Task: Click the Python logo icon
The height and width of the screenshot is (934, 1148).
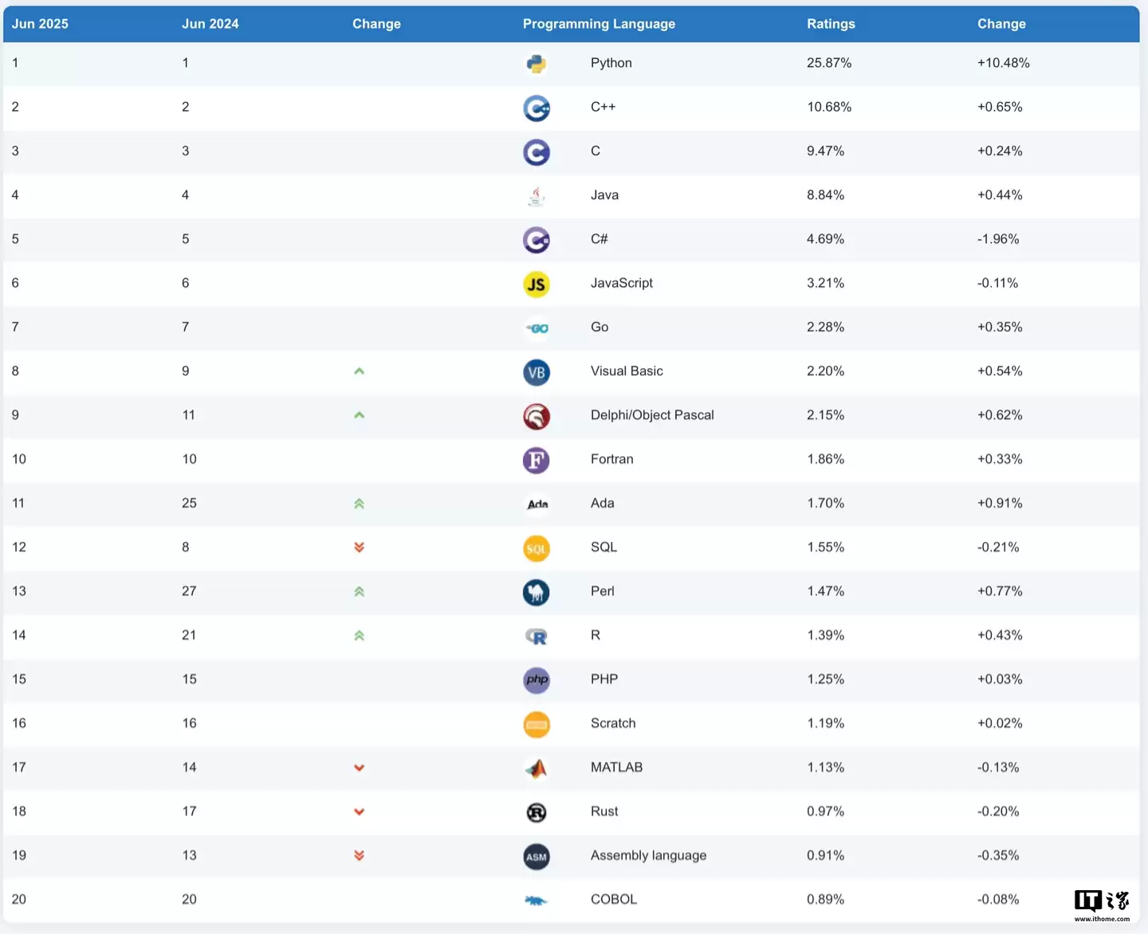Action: (537, 64)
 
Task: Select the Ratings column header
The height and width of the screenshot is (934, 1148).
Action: (831, 24)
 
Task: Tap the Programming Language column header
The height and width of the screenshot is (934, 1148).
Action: (599, 24)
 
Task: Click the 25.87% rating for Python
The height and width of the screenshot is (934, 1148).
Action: (828, 63)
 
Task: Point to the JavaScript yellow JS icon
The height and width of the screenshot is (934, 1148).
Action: (537, 284)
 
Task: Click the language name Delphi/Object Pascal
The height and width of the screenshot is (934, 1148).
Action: (652, 415)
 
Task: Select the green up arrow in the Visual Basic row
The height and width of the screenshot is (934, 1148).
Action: (359, 371)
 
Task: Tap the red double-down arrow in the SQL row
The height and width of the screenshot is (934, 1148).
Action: (359, 547)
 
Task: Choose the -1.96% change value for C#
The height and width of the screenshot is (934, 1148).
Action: (998, 239)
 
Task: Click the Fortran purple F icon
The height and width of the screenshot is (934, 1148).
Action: (537, 460)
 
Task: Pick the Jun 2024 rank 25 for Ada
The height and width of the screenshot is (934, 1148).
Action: (189, 504)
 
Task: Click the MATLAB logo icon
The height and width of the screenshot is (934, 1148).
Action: (537, 768)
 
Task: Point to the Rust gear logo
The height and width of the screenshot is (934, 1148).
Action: (537, 812)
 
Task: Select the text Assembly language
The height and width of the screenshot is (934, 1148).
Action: (648, 856)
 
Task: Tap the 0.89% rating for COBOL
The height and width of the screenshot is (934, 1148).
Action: (825, 900)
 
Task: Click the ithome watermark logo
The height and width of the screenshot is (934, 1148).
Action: (1102, 904)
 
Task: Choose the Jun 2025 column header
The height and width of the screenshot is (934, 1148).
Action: (40, 24)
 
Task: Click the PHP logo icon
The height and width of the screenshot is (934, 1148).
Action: (537, 680)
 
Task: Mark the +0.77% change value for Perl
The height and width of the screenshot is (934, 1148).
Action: (1000, 591)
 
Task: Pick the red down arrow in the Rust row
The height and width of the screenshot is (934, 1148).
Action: (359, 812)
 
